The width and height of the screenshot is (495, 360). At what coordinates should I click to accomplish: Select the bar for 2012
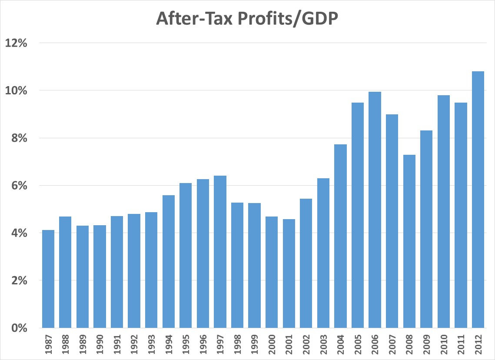[478, 200]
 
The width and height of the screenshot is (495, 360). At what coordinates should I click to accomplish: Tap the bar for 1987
[48, 279]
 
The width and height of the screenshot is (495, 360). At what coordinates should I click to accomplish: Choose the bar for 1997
[220, 252]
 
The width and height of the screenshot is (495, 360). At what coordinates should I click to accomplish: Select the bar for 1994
[169, 261]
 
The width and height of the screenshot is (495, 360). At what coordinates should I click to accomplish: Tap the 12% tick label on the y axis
[16, 43]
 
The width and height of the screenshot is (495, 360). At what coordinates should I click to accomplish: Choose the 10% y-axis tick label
[16, 91]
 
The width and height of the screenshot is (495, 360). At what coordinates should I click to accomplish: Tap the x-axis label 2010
[444, 344]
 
